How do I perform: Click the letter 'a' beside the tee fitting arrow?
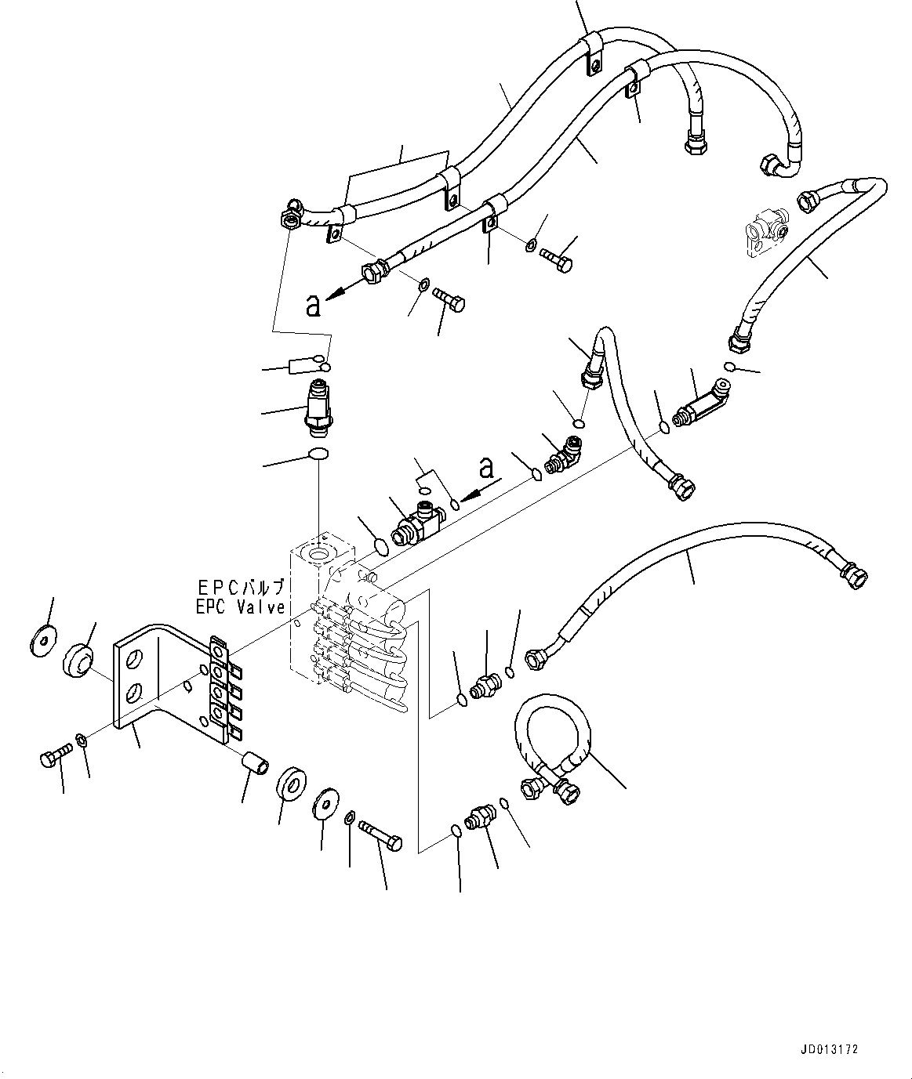pyautogui.click(x=487, y=468)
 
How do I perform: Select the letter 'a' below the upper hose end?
pyautogui.click(x=314, y=306)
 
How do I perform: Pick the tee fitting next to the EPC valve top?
pyautogui.click(x=416, y=522)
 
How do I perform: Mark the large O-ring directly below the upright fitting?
pyautogui.click(x=318, y=454)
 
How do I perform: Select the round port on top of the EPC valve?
pyautogui.click(x=321, y=554)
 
